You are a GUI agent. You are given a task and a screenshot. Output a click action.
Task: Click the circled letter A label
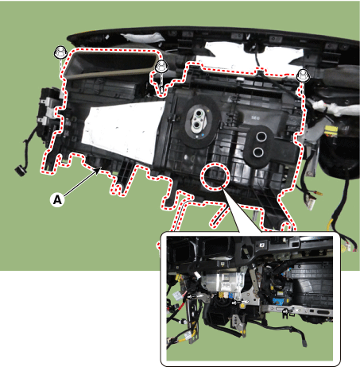[x=57, y=199]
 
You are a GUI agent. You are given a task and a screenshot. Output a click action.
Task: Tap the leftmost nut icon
[x=60, y=52]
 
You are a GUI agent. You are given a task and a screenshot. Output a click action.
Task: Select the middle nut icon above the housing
[x=161, y=66]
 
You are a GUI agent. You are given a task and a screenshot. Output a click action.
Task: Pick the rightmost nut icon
[x=303, y=75]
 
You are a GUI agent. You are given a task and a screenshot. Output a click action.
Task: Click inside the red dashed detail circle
[x=215, y=176]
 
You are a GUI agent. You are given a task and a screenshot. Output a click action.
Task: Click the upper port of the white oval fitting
[x=198, y=114]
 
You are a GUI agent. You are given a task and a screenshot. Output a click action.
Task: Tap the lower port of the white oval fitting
[x=197, y=125]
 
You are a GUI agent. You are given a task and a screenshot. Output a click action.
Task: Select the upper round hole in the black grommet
[x=261, y=137]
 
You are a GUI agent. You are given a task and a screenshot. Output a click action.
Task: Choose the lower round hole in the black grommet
[x=257, y=152]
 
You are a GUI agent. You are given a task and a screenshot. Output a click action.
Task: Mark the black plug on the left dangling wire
[x=20, y=170]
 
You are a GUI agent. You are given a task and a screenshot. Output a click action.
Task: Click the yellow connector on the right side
[x=331, y=131]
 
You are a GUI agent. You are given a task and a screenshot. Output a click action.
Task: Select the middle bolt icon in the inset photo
[x=238, y=303]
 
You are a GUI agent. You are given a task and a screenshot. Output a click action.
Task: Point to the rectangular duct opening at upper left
[x=113, y=64]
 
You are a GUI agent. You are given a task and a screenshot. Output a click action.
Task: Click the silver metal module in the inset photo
[x=224, y=281]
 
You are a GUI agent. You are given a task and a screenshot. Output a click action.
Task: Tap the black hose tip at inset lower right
[x=304, y=343]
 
